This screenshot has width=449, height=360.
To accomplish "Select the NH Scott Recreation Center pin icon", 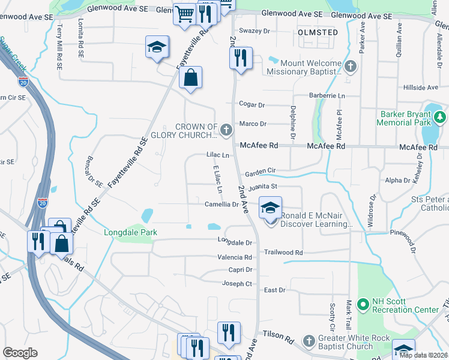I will click(x=362, y=305).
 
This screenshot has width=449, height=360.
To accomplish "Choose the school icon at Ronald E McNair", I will click(x=270, y=209).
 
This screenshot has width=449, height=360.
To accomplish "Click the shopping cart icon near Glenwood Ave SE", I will click(x=185, y=14).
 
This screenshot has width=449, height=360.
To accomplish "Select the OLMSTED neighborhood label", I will click(x=318, y=32).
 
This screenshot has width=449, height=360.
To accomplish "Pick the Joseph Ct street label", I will click(x=237, y=283).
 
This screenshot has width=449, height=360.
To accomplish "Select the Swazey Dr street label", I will click(x=255, y=31).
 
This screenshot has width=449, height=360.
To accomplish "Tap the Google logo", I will click(x=20, y=352).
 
